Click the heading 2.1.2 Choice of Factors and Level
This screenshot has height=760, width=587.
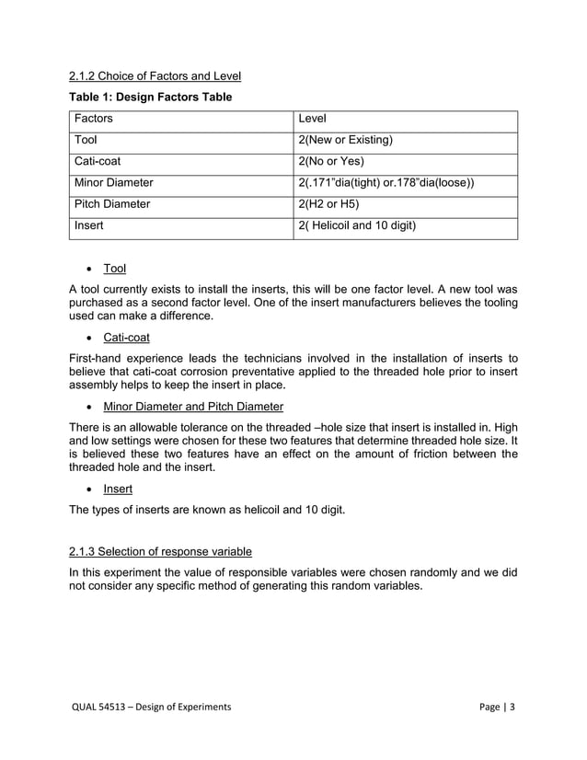[x=155, y=75]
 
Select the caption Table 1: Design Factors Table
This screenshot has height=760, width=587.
[x=150, y=98]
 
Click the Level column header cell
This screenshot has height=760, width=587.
[x=314, y=120]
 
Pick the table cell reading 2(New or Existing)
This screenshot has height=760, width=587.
[x=345, y=141]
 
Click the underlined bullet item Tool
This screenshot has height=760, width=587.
[x=114, y=269]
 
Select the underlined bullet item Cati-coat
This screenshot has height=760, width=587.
[x=126, y=338]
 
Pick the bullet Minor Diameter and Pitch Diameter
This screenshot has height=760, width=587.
[x=193, y=407]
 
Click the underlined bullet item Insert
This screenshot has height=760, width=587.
[x=117, y=489]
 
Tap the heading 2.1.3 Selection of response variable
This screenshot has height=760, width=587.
[x=160, y=551]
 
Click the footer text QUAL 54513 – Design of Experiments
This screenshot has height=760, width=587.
[x=152, y=706]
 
